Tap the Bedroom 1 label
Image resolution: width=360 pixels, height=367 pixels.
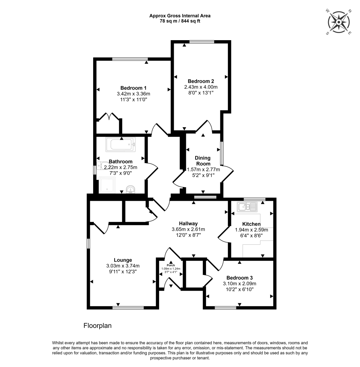click(133, 88)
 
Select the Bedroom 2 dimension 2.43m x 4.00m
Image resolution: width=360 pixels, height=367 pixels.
click(201, 87)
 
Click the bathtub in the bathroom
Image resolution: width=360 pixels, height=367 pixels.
click(120, 145)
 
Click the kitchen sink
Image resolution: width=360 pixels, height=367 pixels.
click(247, 207)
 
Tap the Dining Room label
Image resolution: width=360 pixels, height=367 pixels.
click(202, 161)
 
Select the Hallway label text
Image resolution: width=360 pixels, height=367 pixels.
click(188, 224)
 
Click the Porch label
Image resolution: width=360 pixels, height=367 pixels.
click(171, 265)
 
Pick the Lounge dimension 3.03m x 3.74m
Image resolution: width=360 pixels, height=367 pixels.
click(123, 266)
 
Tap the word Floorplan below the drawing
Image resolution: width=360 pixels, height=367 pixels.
click(98, 326)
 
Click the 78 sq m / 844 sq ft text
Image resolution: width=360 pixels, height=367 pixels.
click(180, 21)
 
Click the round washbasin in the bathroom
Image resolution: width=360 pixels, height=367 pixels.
click(131, 189)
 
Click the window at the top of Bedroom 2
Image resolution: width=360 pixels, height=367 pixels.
click(202, 42)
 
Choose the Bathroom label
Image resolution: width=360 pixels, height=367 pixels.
click(121, 162)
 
